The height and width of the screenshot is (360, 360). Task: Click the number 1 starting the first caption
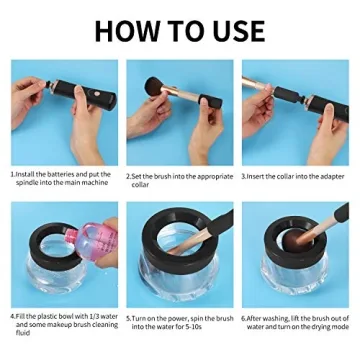(x=12, y=172)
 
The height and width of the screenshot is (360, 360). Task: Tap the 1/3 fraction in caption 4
(x=85, y=317)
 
